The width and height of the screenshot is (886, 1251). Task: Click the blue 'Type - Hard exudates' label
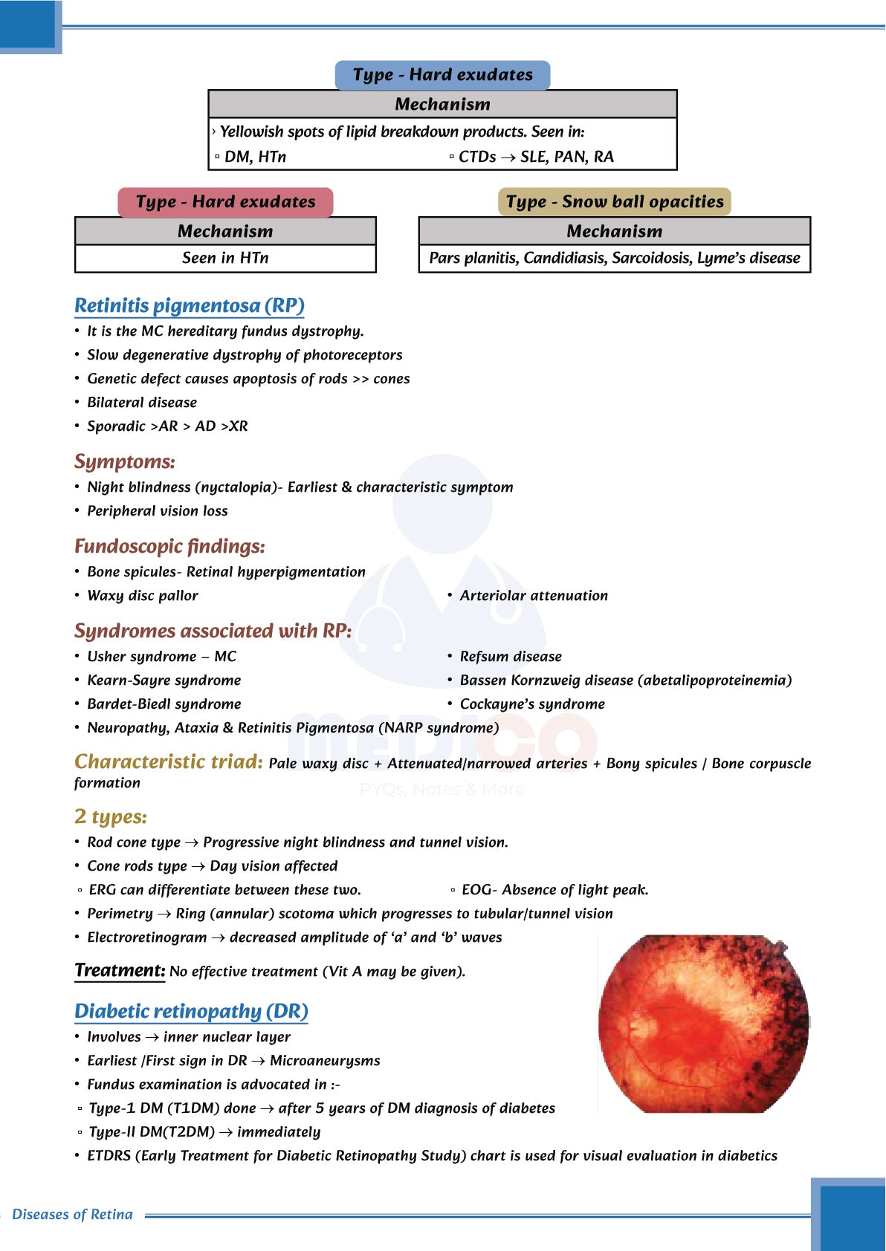point(442,75)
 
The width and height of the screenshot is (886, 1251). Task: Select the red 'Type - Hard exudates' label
point(225,202)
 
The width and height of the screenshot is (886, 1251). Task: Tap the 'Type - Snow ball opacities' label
point(614,202)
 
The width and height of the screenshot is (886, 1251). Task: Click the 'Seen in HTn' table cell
point(225,259)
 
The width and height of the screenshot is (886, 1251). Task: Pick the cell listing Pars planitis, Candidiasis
point(614,259)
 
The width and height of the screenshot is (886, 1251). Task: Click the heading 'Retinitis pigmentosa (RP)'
point(190,305)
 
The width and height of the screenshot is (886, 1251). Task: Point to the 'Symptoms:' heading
point(125,461)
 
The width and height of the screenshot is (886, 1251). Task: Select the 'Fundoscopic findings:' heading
point(169,546)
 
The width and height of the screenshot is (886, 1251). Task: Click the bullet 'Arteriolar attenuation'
point(533,596)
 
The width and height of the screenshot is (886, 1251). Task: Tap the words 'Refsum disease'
point(511,657)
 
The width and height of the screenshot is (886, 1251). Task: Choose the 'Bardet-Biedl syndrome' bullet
point(164,704)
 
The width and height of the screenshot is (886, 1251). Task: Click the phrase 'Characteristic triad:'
point(169,762)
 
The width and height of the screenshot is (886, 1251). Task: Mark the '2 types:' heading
point(111,816)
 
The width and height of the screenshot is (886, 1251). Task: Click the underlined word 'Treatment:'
point(120,970)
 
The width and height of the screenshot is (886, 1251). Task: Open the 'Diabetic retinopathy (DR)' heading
point(191,1011)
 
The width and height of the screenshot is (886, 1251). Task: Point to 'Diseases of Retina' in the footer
point(73,1215)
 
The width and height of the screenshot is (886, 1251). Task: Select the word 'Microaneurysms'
point(325,1061)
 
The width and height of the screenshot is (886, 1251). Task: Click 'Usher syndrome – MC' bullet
point(161,657)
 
